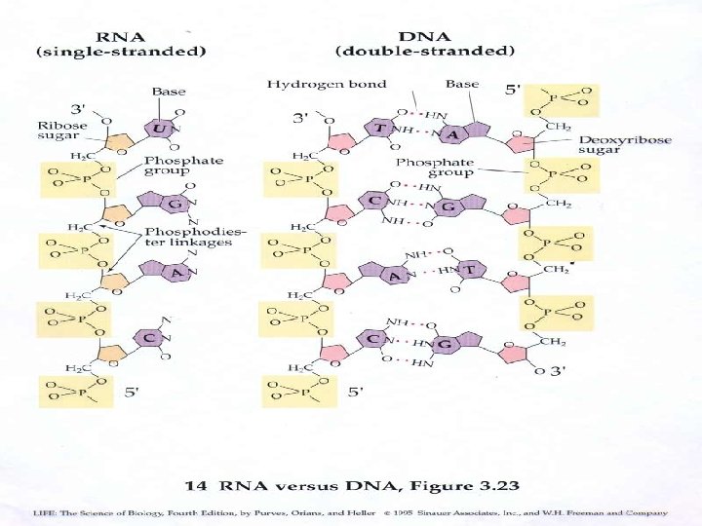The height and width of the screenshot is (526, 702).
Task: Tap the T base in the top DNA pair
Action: tap(375, 129)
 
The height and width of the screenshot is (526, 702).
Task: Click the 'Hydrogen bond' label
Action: tap(327, 85)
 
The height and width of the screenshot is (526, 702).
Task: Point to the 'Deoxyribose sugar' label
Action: tap(625, 145)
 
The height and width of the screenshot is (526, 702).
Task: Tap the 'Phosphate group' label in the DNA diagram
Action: tap(435, 167)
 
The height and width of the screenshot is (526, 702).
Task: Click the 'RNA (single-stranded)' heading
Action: tap(122, 43)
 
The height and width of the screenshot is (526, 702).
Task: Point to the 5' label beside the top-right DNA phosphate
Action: tap(513, 91)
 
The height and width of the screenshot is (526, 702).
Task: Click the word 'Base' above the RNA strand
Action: tap(169, 92)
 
